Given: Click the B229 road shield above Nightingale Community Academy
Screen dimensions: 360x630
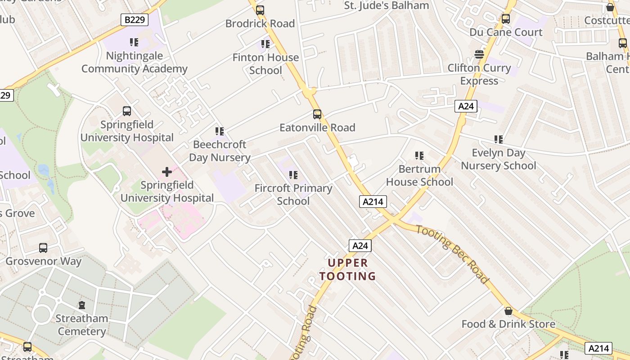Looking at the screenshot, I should (x=135, y=20).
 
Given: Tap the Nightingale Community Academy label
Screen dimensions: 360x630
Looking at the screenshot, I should (x=134, y=63).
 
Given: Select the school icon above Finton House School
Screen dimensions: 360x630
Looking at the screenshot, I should (x=265, y=44).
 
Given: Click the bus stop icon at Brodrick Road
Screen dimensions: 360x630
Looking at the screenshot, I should (x=260, y=10).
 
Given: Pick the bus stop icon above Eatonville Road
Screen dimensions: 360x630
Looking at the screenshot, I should (x=317, y=114).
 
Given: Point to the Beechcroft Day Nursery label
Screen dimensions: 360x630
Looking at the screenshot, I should (x=220, y=151).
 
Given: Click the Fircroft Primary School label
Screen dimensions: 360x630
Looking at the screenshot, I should (x=293, y=194).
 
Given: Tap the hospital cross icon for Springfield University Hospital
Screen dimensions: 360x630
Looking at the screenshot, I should (x=167, y=172).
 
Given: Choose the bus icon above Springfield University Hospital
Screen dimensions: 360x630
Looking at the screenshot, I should (x=127, y=111).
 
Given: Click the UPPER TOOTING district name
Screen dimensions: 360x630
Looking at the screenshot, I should (x=347, y=270).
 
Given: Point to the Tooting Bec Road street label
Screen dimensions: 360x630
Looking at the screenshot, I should (x=452, y=254).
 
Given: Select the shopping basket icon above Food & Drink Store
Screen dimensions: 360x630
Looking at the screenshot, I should (x=508, y=311).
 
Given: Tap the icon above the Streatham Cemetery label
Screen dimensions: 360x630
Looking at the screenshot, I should (x=82, y=306).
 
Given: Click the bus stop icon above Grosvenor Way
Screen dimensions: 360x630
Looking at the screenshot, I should (x=43, y=248).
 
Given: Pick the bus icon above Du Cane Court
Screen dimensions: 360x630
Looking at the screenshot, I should (x=506, y=19).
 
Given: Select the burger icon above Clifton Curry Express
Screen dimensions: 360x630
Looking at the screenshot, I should (x=479, y=55).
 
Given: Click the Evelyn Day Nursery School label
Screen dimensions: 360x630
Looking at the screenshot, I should (x=499, y=159).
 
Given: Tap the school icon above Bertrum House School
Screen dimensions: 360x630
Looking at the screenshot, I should (x=419, y=156).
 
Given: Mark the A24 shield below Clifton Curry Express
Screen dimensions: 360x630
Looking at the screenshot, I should (x=466, y=106).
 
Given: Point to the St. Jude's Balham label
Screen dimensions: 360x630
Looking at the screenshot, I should (x=387, y=6).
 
